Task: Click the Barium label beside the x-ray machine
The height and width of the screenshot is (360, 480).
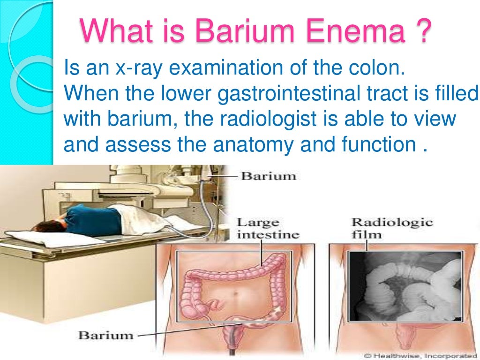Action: click(269, 176)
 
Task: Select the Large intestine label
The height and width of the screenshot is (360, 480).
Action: click(268, 228)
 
